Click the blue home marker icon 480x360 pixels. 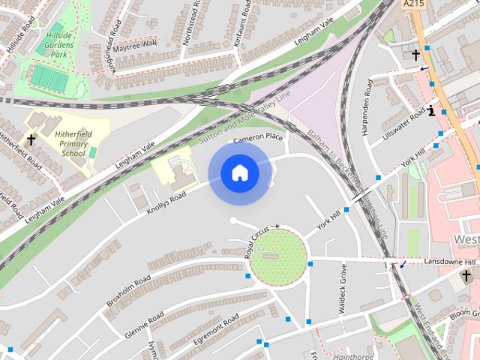[x=239, y=173]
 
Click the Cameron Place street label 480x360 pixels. [x=259, y=138]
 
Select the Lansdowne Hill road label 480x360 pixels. [x=449, y=261]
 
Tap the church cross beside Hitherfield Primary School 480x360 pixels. [x=31, y=139]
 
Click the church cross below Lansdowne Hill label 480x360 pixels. [x=466, y=276]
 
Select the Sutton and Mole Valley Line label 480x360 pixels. [x=244, y=120]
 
